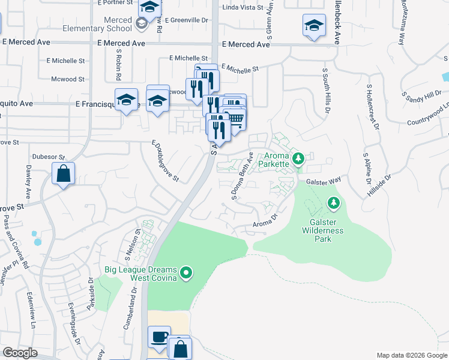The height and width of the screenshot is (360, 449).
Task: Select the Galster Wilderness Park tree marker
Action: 333,204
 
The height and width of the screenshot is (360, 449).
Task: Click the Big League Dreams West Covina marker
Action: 186,274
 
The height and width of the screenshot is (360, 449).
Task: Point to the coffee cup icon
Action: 159,337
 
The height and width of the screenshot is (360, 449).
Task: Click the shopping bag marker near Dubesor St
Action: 63,174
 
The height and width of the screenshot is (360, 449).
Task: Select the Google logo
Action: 20,353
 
